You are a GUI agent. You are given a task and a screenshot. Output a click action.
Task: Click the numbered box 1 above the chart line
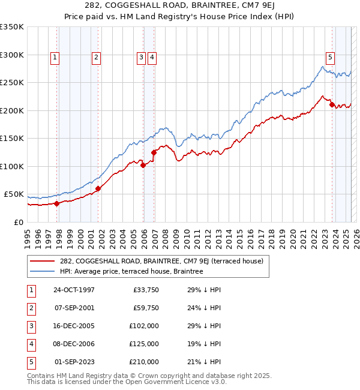[55, 58]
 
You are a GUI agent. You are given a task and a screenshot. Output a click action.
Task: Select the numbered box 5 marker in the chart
[330, 58]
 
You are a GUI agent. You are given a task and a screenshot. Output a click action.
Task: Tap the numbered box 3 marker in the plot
[141, 58]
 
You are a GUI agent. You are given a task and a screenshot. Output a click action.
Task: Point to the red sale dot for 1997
[56, 203]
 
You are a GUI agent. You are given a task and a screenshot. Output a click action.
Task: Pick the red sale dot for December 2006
[154, 152]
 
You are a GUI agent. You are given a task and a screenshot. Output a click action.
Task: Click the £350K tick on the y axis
[12, 27]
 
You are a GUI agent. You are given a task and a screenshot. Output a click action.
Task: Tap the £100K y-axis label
[12, 166]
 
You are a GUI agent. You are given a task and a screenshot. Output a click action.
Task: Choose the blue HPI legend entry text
[131, 272]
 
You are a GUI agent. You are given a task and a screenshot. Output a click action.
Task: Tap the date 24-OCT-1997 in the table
[74, 290]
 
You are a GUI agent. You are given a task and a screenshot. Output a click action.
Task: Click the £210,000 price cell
[144, 362]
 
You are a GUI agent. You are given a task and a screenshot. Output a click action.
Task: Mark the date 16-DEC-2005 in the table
[74, 326]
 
